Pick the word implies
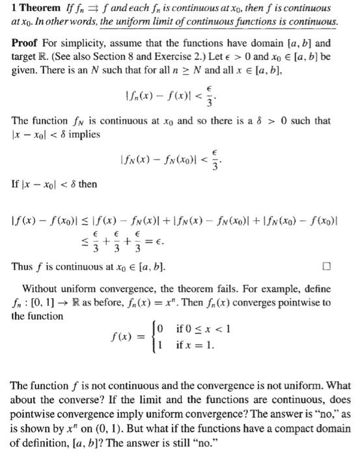coord(82,135)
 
